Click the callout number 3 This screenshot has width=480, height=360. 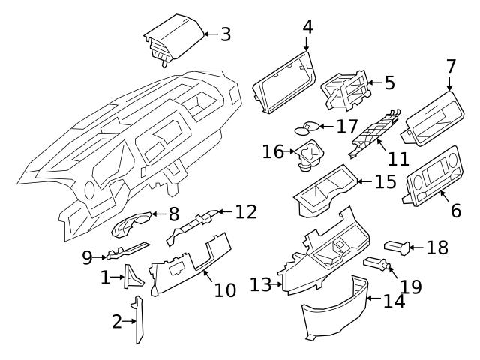coord(226,34)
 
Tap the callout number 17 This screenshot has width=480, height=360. coord(347,127)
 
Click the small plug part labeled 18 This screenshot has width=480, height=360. coord(395,245)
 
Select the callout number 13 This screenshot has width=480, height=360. coord(260,285)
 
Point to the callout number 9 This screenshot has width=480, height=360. coord(88,257)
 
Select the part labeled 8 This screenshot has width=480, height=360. coord(132,224)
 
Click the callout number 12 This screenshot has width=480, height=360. coord(246,212)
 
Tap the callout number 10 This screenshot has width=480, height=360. coord(225,289)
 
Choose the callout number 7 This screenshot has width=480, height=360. coord(451,67)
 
